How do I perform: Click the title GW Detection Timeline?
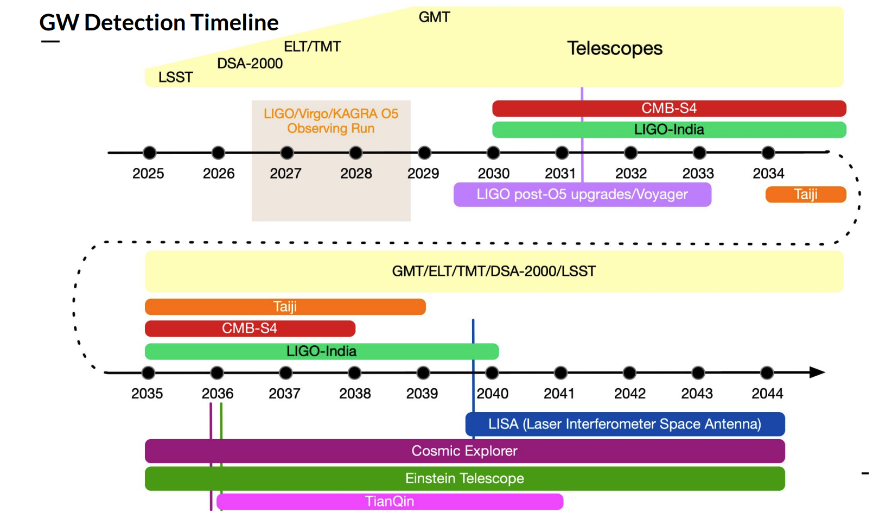click(159, 23)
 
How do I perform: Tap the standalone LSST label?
click(175, 77)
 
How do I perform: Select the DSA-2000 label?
click(250, 64)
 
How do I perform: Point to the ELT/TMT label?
click(312, 47)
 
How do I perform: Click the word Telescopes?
click(614, 48)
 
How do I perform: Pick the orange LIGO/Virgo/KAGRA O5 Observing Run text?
click(330, 121)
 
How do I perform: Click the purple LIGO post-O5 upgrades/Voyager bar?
click(582, 194)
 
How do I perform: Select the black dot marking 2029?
click(424, 153)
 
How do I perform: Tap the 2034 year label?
click(768, 174)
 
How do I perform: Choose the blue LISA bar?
click(625, 424)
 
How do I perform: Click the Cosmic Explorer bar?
click(464, 451)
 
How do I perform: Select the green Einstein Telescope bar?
click(464, 478)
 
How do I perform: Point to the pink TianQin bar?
click(390, 501)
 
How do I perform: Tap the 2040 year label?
click(493, 394)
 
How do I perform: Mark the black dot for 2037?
click(285, 373)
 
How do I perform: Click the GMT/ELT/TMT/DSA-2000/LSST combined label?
click(494, 271)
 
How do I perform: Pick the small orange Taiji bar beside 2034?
click(805, 194)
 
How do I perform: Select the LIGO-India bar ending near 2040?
click(321, 351)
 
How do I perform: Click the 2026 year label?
click(219, 174)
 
